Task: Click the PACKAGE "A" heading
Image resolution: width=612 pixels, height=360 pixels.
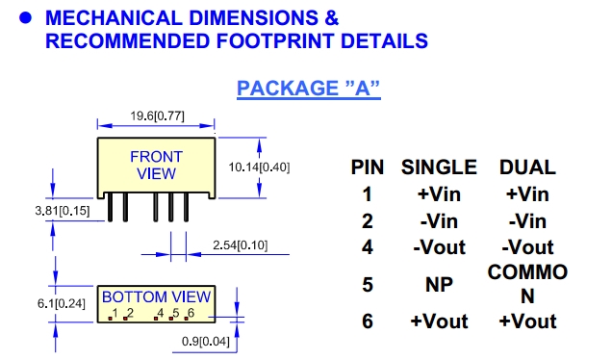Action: pos(308,89)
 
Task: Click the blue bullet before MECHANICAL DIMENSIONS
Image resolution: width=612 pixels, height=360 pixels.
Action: pos(25,18)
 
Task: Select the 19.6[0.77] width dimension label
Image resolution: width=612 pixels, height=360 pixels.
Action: pos(157,116)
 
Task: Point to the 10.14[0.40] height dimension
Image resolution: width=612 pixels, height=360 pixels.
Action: pos(259,167)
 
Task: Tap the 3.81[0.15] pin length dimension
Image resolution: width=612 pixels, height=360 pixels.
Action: pos(63,211)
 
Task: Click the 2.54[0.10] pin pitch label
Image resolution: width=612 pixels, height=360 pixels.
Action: pos(240,245)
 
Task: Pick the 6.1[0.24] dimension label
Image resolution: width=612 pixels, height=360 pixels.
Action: pos(62,303)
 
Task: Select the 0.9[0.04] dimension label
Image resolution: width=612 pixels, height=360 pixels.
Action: pos(206,342)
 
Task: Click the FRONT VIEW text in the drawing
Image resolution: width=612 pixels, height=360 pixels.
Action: pos(156,166)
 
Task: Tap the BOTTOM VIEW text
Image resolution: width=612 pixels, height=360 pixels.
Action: pos(156,297)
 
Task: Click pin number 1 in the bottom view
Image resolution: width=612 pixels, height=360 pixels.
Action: pos(115,313)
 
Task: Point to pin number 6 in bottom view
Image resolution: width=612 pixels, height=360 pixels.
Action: pos(191,313)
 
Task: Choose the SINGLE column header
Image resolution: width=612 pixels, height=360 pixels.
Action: pos(439,167)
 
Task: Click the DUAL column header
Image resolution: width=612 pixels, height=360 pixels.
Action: pos(527,167)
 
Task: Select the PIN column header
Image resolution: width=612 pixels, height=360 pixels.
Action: pos(368,167)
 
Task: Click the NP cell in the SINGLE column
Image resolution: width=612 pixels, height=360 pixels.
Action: pos(439,285)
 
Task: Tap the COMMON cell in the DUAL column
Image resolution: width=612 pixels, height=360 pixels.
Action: pos(527,284)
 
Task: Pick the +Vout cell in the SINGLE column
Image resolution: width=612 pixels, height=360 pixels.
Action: pos(439,321)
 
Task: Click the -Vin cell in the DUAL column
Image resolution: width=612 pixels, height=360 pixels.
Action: pos(527,221)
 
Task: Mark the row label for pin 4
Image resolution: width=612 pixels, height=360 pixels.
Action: pos(368,247)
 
